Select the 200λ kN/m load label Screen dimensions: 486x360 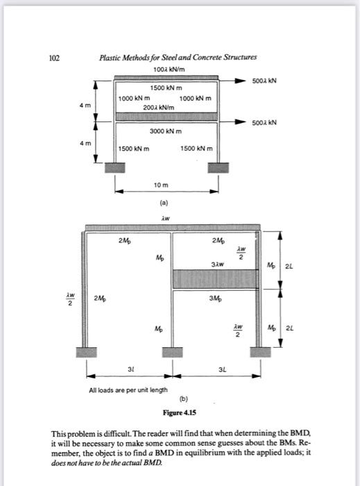[x=158, y=108]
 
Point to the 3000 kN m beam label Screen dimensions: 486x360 [x=165, y=131]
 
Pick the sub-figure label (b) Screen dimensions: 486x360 [x=184, y=399]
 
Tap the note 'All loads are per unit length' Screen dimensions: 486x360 [x=128, y=390]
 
